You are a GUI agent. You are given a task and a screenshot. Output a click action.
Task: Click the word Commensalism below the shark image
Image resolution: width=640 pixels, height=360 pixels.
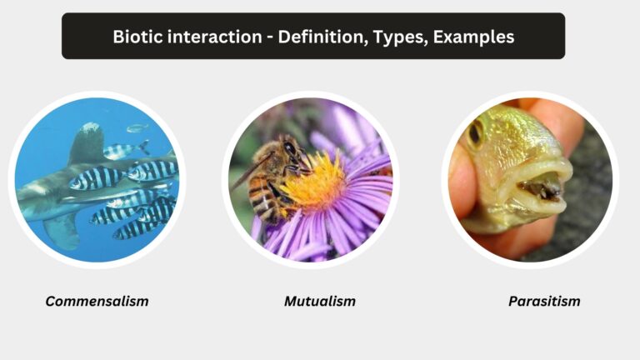[97, 301]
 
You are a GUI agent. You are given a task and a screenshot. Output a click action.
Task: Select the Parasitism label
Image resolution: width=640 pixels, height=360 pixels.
[544, 301]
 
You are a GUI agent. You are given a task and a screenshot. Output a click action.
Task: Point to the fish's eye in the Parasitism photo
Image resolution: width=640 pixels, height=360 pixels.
[476, 132]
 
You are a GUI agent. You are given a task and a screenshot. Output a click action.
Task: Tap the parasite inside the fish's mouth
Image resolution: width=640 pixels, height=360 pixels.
[533, 190]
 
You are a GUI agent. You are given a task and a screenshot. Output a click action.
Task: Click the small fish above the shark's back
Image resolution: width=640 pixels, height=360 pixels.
[136, 128]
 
